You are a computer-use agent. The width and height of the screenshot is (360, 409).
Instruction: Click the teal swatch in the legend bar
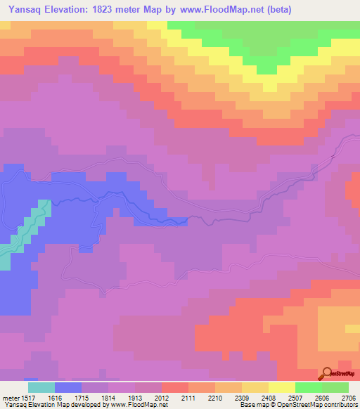pos(41,387)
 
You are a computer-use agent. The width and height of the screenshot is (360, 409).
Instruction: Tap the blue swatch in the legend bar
pos(68,387)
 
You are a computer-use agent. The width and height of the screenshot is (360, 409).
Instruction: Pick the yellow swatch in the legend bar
pos(282,387)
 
